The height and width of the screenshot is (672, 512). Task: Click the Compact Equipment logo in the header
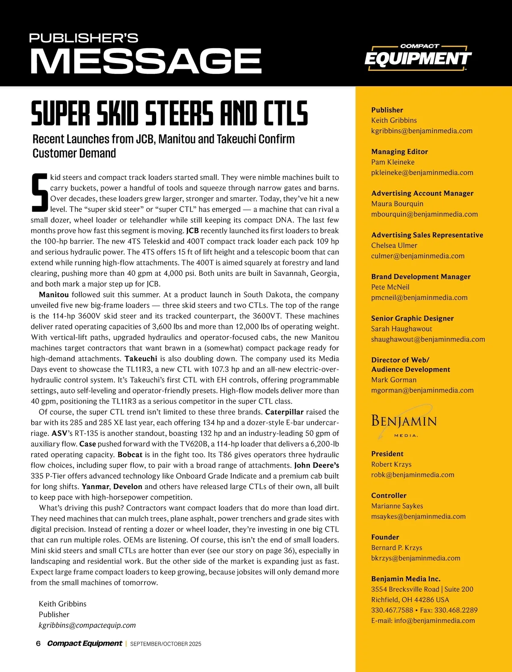tap(418, 57)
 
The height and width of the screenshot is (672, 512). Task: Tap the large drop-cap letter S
tap(39, 193)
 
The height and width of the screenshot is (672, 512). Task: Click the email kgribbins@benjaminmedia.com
tap(422, 131)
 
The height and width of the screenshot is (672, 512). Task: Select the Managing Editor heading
tap(399, 151)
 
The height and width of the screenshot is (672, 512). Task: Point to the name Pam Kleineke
tap(393, 162)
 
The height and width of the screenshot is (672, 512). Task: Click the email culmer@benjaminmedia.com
tap(418, 256)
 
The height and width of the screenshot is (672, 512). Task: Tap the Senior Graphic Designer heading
tap(412, 318)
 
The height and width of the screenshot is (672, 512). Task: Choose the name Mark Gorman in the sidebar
tap(393, 380)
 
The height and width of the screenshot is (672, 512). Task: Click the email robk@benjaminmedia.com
tap(413, 475)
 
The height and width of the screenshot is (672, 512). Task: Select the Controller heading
tap(389, 495)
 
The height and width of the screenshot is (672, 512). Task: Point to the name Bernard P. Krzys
tap(396, 547)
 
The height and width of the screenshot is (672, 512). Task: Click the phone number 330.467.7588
tap(392, 610)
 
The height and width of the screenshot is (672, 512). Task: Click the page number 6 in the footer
tap(38, 643)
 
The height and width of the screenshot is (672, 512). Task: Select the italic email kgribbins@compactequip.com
tap(87, 625)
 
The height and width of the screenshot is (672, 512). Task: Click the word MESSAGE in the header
tap(145, 61)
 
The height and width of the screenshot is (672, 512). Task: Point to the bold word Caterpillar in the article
tap(284, 412)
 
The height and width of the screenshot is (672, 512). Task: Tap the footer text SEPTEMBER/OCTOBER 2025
tap(166, 644)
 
